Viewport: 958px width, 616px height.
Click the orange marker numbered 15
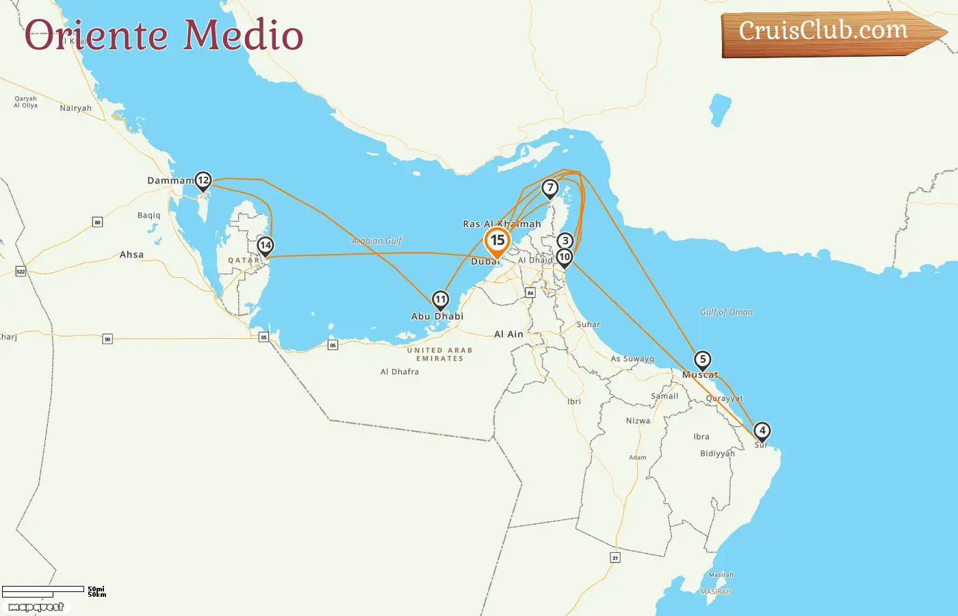[x=497, y=241]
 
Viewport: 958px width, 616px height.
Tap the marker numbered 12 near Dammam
[x=203, y=181]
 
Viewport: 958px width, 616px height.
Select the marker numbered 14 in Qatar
[x=266, y=246]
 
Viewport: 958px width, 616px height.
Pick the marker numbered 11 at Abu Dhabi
[x=440, y=300]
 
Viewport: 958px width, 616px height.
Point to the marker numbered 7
[x=549, y=188]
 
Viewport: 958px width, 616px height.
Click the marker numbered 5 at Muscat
[x=702, y=360]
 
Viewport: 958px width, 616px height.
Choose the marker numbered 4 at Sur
[x=762, y=431]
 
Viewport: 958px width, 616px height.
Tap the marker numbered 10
[x=564, y=257]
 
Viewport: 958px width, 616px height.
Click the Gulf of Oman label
[x=726, y=312]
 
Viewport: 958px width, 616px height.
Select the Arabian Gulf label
[x=376, y=241]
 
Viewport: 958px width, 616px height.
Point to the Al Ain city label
[x=508, y=334]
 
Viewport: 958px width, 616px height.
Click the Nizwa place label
[x=638, y=421]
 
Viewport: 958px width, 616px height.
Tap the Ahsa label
[x=131, y=255]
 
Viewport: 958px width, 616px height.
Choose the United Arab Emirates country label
[x=439, y=354]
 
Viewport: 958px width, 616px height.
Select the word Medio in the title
[x=243, y=36]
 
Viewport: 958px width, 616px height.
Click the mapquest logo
[x=36, y=607]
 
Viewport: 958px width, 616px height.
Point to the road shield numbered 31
[x=614, y=558]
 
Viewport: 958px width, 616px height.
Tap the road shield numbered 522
[x=21, y=272]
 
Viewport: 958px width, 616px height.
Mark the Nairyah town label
[x=75, y=108]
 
